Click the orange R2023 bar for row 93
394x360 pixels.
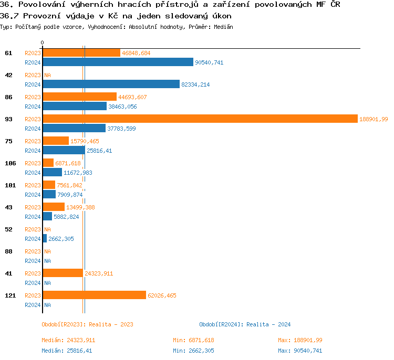pos(200,119)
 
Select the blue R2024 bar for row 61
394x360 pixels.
pos(118,62)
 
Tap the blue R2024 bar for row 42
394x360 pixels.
pos(111,84)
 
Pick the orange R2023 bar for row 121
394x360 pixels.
pos(94,295)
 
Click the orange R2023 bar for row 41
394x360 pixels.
pos(63,273)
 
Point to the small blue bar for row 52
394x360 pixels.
pos(45,239)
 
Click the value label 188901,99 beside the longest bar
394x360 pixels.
pos(374,119)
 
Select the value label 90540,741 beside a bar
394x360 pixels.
pos(209,62)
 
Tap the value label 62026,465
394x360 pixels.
pos(162,295)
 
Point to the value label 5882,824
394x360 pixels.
pos(66,217)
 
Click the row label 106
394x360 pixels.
pos(10,163)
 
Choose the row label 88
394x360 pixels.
pos(9,251)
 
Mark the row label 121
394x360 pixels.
pos(10,295)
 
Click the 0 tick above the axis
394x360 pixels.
pos(42,43)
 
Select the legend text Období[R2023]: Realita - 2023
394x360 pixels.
pos(87,324)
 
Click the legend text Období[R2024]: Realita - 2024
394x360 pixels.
pos(245,324)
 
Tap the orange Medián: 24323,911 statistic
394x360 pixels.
pos(68,340)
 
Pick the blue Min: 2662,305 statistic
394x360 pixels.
pos(193,351)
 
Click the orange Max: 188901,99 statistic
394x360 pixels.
pos(300,340)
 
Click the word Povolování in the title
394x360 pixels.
pos(39,5)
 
